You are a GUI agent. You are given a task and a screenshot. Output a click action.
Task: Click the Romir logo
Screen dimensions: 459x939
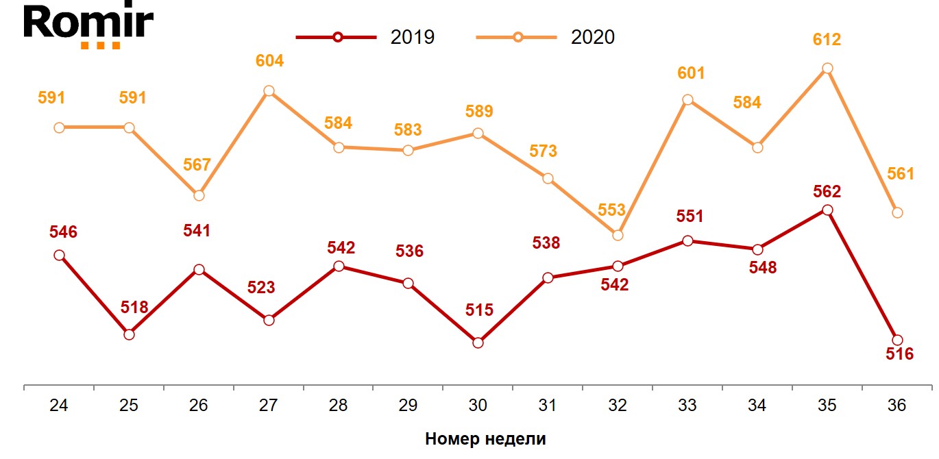(88, 26)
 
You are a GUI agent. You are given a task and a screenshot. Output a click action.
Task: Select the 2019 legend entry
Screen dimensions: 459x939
(365, 37)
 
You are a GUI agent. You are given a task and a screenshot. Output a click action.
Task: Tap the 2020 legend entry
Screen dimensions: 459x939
(545, 37)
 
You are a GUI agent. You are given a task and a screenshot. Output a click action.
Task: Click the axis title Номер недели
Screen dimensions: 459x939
(485, 439)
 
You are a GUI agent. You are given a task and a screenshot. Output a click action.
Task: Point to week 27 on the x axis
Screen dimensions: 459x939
(269, 405)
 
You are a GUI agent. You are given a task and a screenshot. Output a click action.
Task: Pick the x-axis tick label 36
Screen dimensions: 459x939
(896, 405)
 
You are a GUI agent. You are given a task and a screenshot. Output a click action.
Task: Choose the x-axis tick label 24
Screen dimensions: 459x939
(59, 405)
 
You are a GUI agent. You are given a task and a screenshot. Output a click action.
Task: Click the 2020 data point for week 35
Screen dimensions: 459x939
(827, 68)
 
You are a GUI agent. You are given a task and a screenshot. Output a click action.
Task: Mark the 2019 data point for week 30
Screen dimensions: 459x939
(478, 343)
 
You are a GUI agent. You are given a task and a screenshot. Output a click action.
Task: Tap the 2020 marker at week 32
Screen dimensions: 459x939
(618, 235)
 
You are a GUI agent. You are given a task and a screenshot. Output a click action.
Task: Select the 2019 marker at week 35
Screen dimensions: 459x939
(827, 210)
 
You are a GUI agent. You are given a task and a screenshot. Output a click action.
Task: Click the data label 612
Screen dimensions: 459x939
(827, 40)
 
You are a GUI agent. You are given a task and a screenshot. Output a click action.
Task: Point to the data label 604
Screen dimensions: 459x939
(269, 61)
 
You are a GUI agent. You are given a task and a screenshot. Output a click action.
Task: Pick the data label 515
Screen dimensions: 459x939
(479, 310)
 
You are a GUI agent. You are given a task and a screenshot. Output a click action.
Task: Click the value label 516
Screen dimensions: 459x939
(900, 354)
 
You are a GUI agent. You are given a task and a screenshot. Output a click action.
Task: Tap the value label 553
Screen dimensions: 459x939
(611, 210)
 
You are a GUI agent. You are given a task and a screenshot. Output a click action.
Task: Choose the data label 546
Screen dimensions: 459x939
(63, 232)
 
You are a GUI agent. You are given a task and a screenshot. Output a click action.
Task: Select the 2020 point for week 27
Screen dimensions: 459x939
(269, 91)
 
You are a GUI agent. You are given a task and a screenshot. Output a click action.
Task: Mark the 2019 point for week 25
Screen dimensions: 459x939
(129, 334)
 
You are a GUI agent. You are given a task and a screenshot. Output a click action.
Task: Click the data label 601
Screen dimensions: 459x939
(690, 73)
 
